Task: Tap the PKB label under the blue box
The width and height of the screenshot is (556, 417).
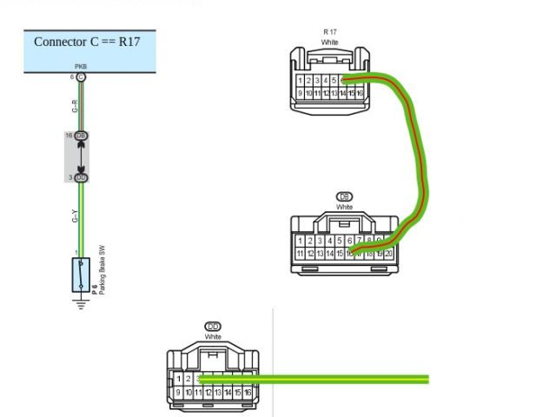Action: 81,66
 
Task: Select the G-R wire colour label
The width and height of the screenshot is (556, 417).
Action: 75,106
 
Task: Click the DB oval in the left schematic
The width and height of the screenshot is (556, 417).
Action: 81,136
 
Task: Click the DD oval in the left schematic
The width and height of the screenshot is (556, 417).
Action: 81,177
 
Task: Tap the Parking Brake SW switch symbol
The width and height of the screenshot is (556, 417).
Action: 81,275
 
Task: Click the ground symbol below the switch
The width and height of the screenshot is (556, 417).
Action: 81,303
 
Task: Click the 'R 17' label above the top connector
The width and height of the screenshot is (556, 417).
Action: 329,32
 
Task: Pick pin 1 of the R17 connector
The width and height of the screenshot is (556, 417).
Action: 301,81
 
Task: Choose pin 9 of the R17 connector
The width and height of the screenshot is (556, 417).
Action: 301,93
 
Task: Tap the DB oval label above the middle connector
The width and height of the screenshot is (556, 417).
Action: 344,197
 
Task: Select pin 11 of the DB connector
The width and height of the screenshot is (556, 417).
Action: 301,253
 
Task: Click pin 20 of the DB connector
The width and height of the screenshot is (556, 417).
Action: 388,253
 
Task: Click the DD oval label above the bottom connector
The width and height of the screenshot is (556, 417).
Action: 213,327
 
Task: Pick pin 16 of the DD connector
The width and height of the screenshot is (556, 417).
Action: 248,393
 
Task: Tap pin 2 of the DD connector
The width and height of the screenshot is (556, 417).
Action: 189,379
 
